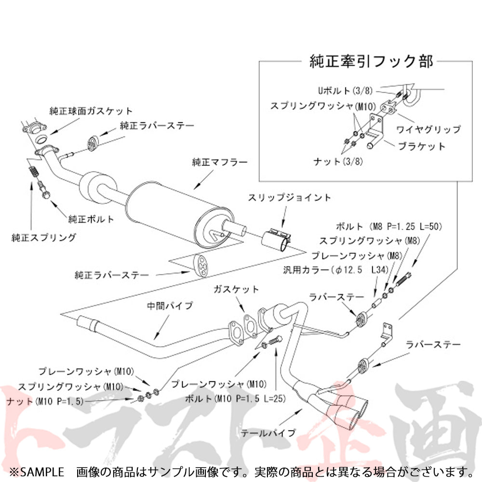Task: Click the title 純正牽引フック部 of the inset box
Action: click(371, 62)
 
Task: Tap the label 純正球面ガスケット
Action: click(91, 111)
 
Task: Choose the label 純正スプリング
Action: click(44, 237)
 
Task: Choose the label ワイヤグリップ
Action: click(428, 129)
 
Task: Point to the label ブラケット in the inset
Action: click(422, 146)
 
